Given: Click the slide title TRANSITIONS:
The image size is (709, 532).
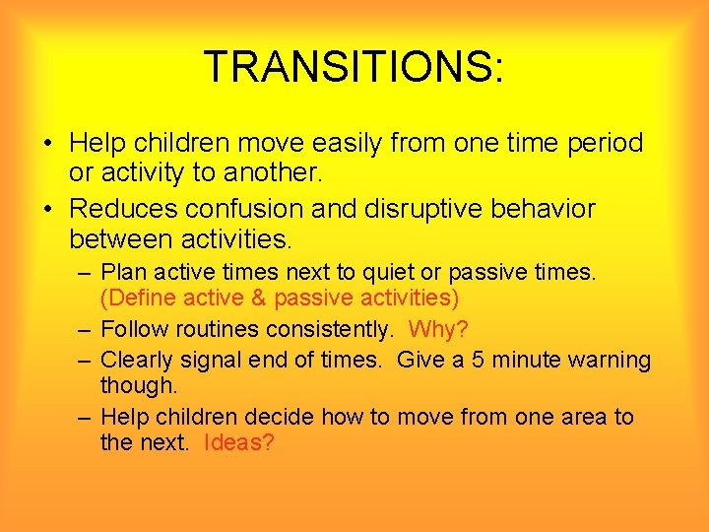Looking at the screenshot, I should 354,67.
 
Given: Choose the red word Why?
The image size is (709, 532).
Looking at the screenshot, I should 438,329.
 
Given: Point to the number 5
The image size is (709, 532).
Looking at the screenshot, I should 480,360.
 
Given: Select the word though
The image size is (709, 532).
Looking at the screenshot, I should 138,384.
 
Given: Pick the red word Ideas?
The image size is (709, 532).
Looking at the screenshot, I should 238,442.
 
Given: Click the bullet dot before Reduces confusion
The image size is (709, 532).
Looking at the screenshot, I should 48,210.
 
